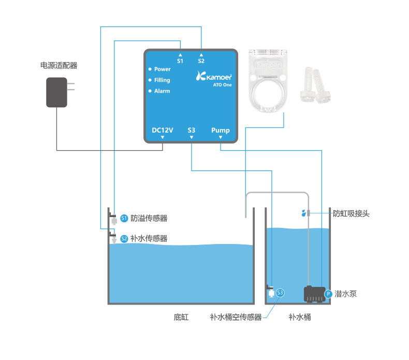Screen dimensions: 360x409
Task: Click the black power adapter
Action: coord(57,92)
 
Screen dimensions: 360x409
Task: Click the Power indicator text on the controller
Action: coord(162,69)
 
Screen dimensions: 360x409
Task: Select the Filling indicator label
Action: coord(162,80)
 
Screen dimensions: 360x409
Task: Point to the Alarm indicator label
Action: coord(162,91)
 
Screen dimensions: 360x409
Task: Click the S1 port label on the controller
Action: coord(180,61)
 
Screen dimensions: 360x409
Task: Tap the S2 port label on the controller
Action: coord(201,61)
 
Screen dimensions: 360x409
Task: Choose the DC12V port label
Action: coord(162,130)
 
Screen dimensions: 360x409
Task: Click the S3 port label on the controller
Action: coord(192,130)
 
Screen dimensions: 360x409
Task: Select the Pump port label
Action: coord(221,130)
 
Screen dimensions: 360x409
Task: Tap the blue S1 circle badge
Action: coord(124,219)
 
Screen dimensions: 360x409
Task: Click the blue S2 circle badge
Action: coord(124,239)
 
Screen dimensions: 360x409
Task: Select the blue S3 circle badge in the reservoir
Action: coord(280,293)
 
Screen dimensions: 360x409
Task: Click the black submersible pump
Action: coord(313,294)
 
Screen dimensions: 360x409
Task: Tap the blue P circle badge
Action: coord(328,294)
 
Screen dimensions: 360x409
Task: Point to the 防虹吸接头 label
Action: coord(351,213)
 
